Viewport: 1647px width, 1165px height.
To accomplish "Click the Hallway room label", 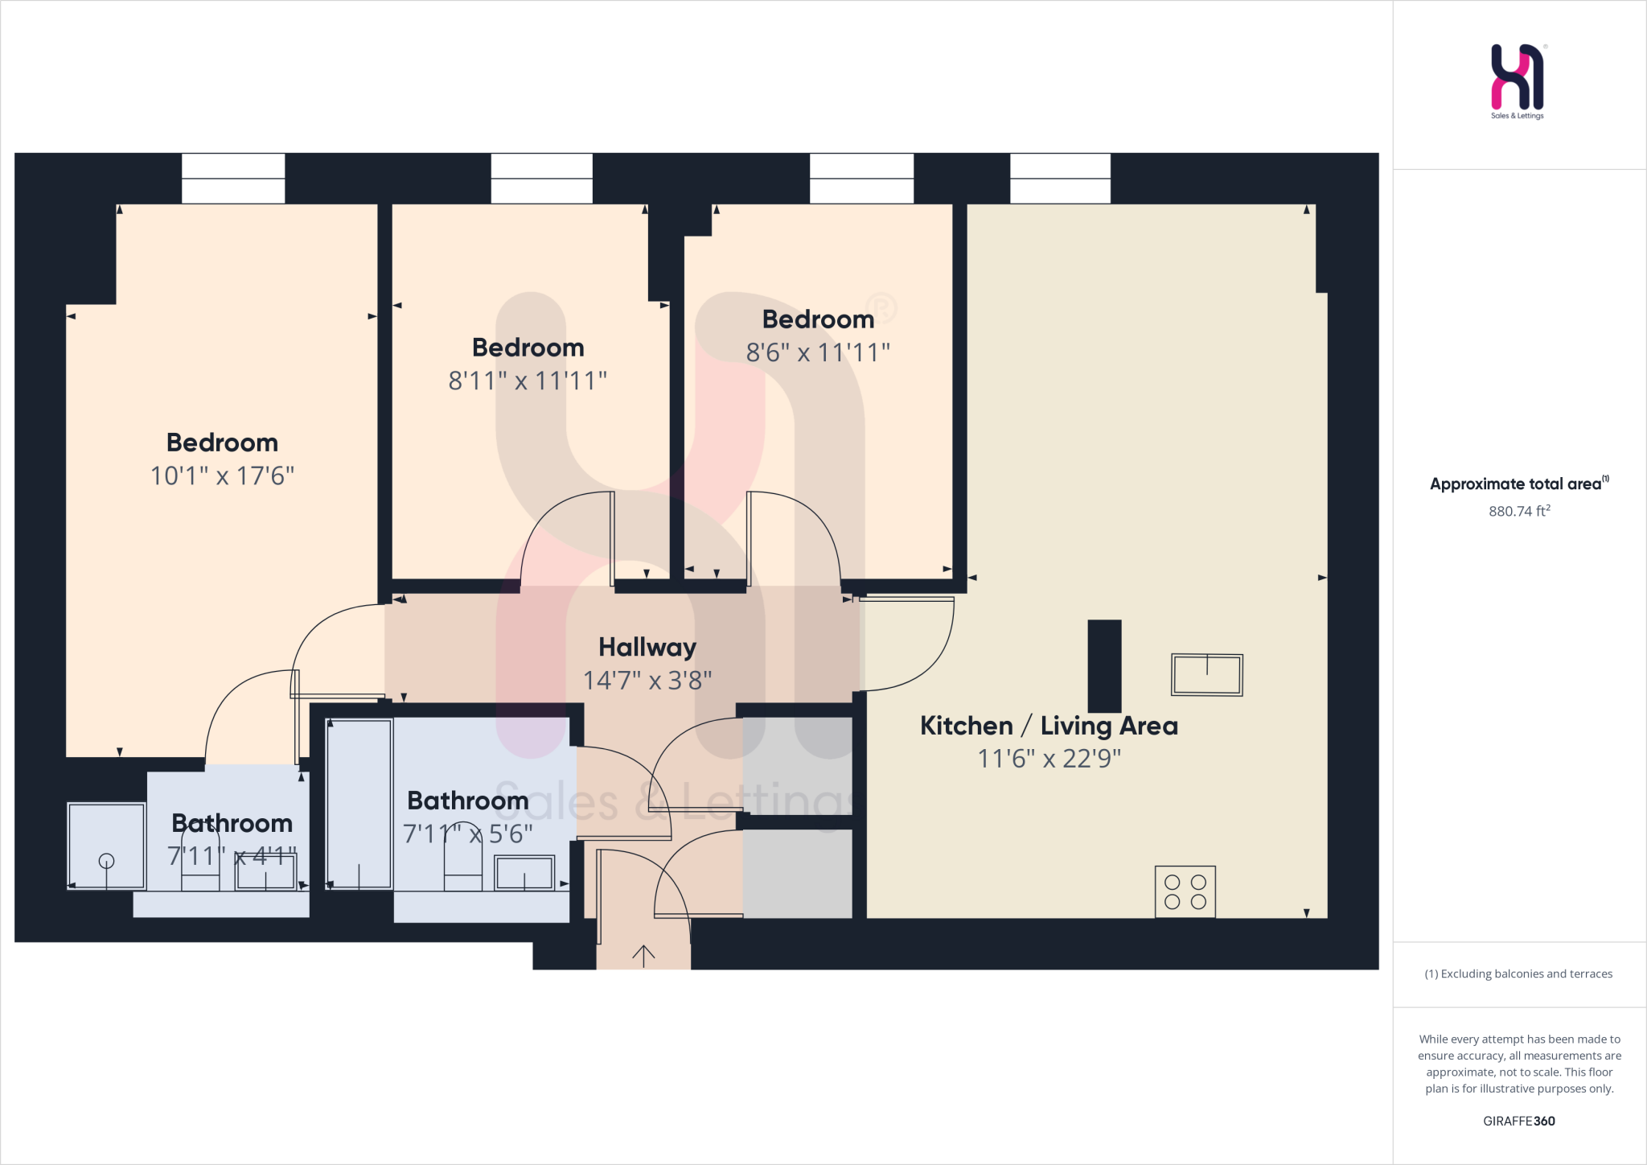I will coord(647,647).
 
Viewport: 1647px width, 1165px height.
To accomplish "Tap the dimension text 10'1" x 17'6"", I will coord(223,475).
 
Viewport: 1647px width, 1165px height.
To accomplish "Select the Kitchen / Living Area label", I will coord(1049,726).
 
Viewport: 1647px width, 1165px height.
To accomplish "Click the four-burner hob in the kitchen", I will coord(1185,891).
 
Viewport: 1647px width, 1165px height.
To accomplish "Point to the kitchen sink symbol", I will coord(1206,674).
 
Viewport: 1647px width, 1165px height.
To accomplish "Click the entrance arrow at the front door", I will coord(643,955).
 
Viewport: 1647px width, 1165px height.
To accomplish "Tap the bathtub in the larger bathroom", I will coord(359,804).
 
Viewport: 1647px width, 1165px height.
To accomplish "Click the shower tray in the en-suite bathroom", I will coord(106,846).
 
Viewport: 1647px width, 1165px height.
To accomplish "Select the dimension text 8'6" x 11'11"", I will coord(818,352).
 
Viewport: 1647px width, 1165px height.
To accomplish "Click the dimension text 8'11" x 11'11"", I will coord(528,381).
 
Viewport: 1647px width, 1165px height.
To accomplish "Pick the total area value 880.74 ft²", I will coord(1519,511).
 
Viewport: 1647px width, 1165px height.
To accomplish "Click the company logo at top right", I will coord(1518,79).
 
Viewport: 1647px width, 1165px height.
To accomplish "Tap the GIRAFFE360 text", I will coord(1518,1121).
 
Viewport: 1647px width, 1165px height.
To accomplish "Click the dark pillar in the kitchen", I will coord(1104,665).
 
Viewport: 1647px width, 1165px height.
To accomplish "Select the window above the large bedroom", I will coord(233,178).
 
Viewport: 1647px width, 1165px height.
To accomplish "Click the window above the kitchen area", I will coord(1060,178).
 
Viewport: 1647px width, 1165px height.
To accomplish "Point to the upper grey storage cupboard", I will coord(797,764).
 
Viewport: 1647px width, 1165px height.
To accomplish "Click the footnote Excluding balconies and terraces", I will coord(1518,974).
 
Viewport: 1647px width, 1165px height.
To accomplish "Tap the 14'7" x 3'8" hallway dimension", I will coord(647,681).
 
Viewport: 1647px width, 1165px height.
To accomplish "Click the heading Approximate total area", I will coord(1518,484).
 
